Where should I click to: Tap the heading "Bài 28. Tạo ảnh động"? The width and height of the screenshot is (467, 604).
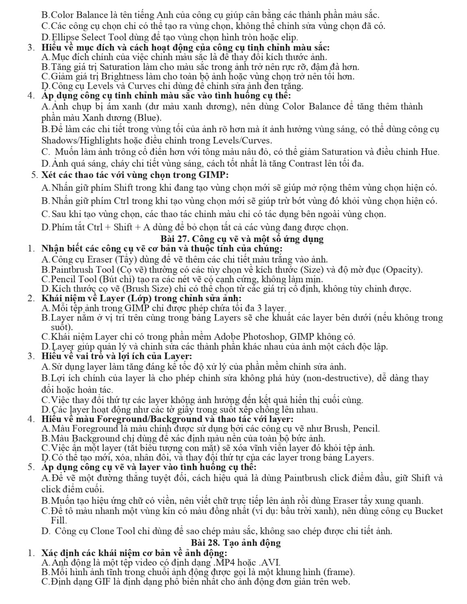point(235,542)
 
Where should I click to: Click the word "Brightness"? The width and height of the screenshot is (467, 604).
point(118,77)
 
